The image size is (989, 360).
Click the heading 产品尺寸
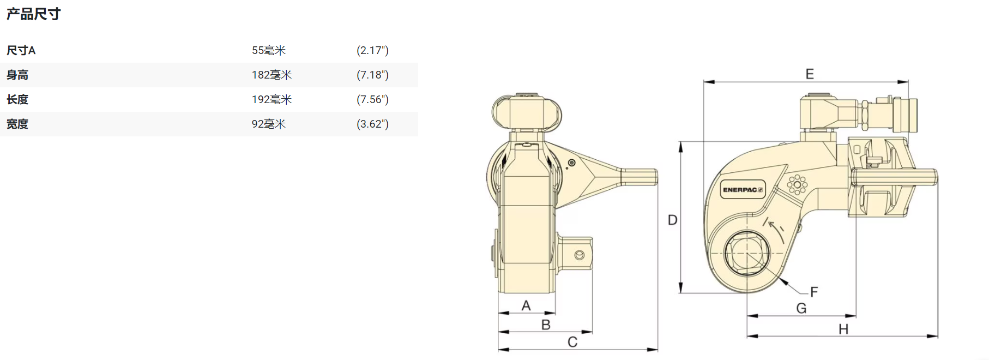[x=33, y=14]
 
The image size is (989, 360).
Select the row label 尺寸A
[x=21, y=51]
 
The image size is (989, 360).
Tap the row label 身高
[x=17, y=75]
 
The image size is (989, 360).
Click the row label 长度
[x=17, y=100]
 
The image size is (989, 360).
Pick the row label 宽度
[x=17, y=124]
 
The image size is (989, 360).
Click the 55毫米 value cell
[x=269, y=51]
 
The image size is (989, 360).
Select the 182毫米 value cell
[x=272, y=75]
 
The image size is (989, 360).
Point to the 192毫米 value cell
[x=272, y=100]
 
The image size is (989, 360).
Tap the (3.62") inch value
[x=372, y=124]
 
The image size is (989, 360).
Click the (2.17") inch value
[x=372, y=51]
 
